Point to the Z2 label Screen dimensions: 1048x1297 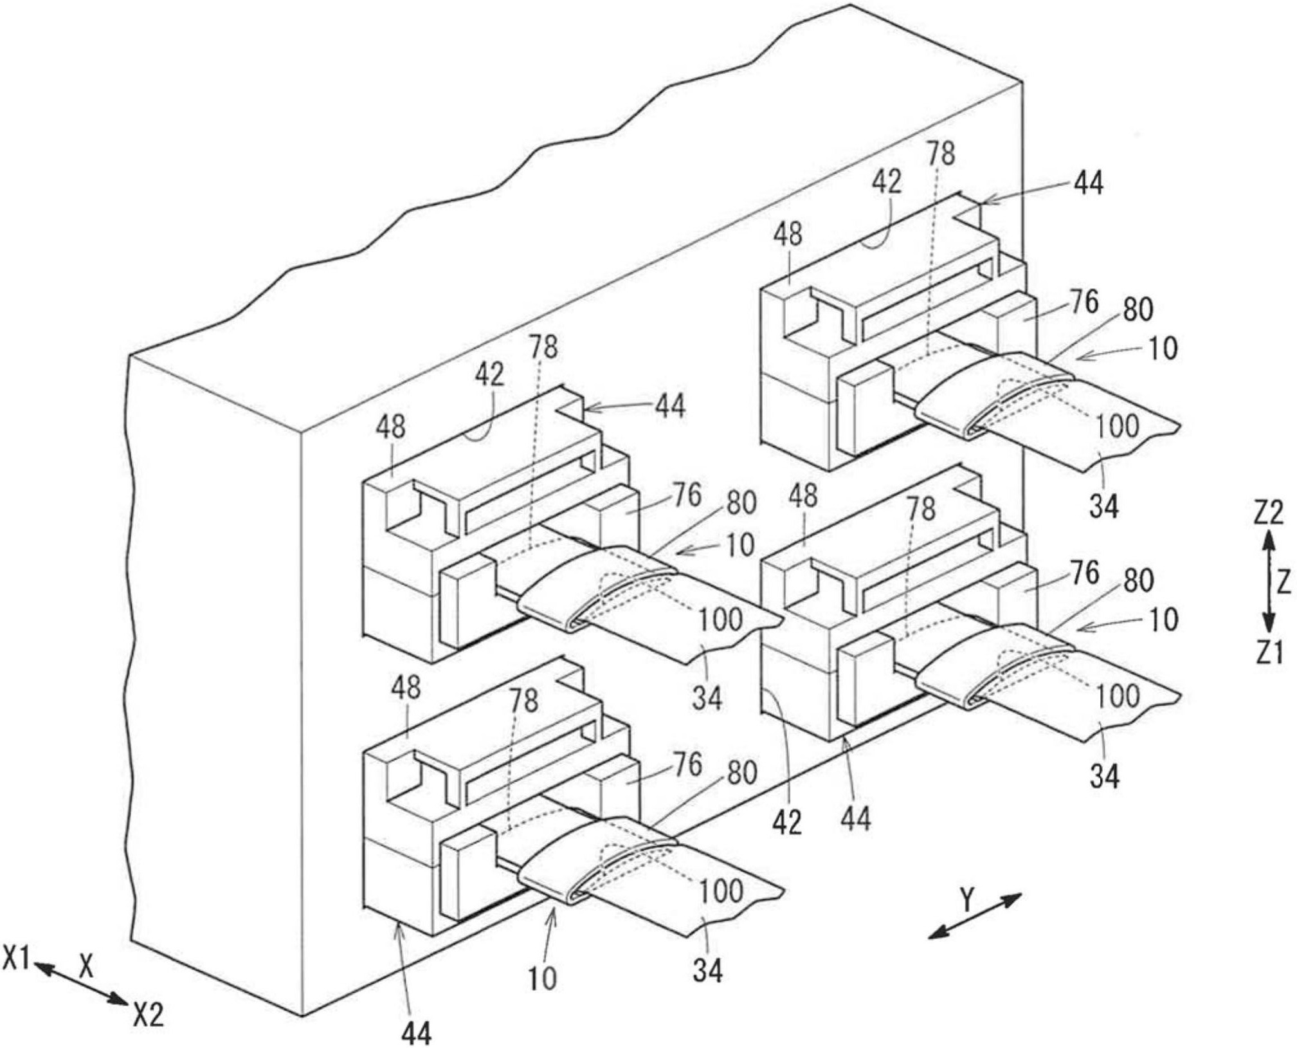pos(1268,513)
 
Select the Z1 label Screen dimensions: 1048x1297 pos(1268,652)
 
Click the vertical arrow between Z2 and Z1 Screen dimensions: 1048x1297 pos(1267,582)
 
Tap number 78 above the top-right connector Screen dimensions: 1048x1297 pos(941,154)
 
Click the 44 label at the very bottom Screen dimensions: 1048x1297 pos(416,1033)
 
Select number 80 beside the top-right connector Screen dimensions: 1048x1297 pos(1138,309)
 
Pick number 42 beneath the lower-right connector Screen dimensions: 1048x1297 pos(787,822)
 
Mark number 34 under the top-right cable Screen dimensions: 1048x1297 pos(1103,506)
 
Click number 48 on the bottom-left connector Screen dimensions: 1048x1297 pos(406,688)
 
